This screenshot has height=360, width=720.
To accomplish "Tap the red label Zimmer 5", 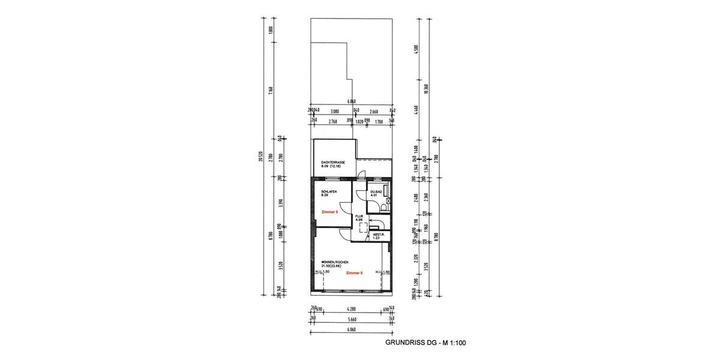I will click(355, 273).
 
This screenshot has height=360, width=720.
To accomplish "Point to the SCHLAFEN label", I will click(329, 191).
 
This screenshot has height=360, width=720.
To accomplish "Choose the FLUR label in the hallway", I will click(360, 217).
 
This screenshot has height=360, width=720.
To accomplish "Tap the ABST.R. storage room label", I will click(378, 235).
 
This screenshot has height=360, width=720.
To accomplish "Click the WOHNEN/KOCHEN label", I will click(334, 263).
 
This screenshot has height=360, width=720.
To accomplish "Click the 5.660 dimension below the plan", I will click(352, 320).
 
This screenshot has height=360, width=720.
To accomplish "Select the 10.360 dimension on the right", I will click(425, 89).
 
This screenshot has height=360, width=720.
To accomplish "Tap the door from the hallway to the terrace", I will click(361, 176).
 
